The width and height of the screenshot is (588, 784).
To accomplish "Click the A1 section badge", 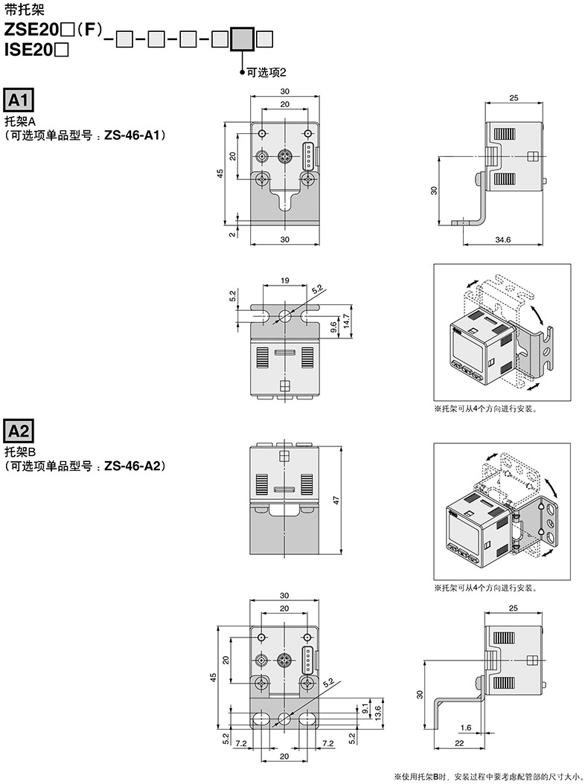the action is (19, 100).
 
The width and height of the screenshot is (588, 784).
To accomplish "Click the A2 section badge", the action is (19, 431).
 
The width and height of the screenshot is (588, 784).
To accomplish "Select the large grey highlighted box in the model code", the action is (243, 39).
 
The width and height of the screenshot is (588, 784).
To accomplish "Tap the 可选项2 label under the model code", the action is (266, 72).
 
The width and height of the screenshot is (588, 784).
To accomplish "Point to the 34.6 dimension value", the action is (502, 240).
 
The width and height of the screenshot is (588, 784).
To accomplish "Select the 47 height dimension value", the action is (336, 500).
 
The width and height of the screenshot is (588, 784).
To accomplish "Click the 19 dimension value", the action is (285, 280).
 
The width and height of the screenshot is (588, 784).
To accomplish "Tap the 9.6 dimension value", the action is (333, 327).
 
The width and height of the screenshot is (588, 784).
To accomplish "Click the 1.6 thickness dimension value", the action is (466, 727).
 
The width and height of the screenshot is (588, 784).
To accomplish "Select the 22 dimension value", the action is (459, 743).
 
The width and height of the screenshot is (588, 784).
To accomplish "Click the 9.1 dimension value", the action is (365, 708).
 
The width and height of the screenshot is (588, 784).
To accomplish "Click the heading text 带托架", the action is (25, 9).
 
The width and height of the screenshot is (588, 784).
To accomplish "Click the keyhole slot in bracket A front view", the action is (285, 200).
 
